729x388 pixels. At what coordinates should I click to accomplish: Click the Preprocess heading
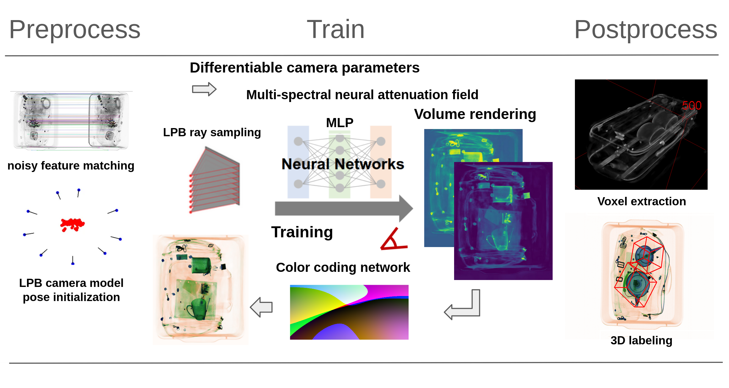(75, 30)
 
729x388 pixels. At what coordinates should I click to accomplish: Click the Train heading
(335, 30)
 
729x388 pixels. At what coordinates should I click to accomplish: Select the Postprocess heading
(646, 30)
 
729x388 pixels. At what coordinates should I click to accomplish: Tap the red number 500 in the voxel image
(692, 105)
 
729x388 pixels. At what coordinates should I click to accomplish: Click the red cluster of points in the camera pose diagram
(72, 224)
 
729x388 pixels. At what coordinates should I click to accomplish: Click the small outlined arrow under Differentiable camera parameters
(204, 89)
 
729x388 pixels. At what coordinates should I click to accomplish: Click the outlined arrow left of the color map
(261, 307)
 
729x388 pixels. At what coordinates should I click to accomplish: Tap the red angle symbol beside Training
(393, 240)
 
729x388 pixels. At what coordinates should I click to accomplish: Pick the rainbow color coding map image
(349, 312)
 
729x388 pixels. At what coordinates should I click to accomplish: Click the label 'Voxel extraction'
(641, 201)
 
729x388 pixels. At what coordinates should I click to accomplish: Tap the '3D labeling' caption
(641, 340)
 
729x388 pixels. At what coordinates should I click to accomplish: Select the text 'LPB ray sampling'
(212, 132)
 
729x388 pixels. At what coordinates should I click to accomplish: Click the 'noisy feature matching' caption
(71, 165)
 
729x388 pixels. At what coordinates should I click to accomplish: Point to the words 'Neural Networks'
(343, 164)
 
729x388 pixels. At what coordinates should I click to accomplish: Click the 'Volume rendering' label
(475, 114)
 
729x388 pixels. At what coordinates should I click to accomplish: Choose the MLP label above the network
(340, 122)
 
